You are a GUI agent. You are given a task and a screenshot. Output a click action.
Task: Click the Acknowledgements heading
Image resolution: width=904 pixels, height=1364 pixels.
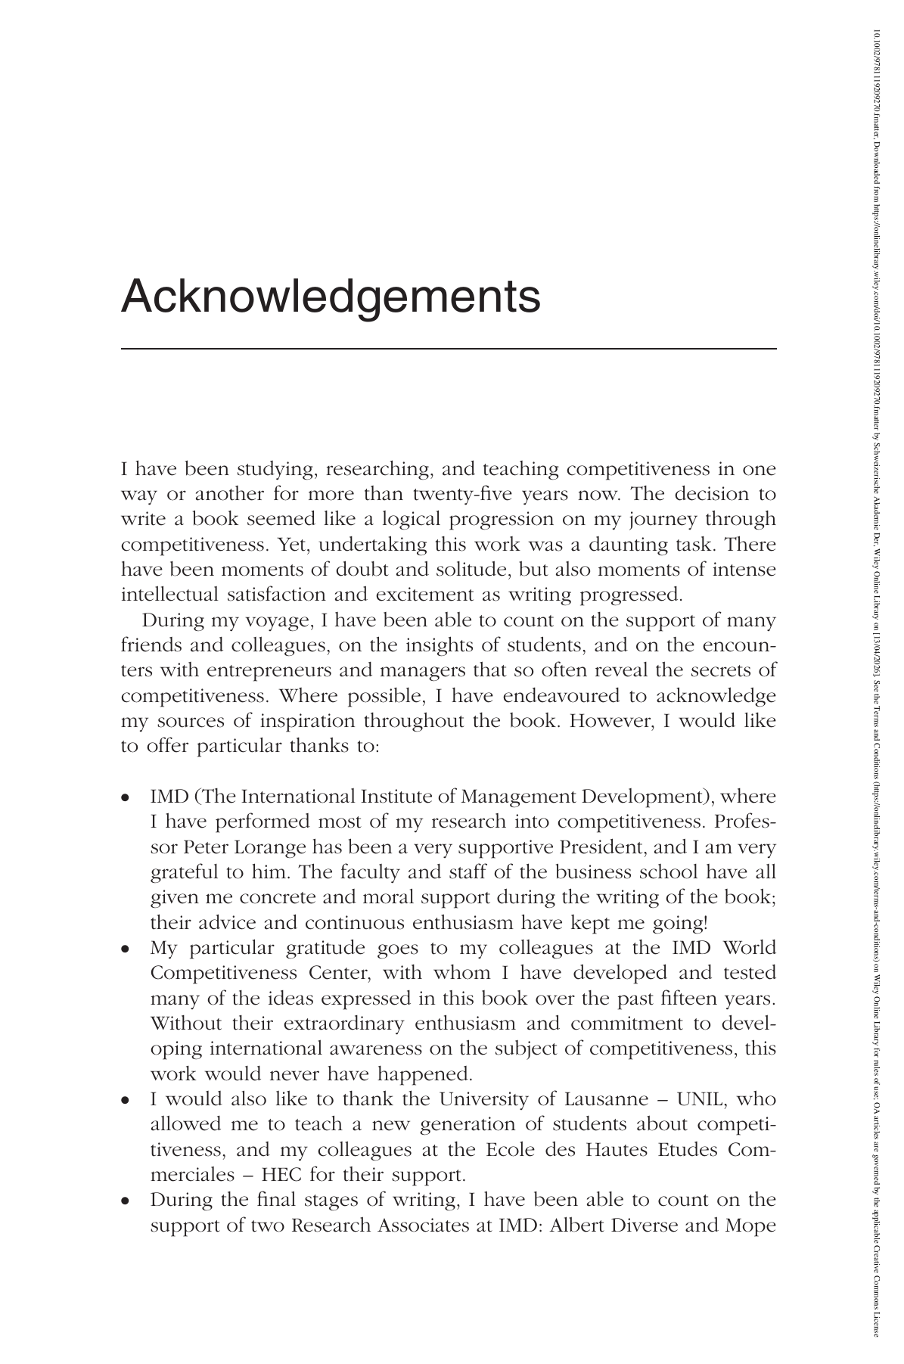(x=331, y=297)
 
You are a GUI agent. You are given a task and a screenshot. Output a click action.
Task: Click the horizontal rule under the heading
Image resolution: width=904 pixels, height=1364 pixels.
(x=449, y=348)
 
